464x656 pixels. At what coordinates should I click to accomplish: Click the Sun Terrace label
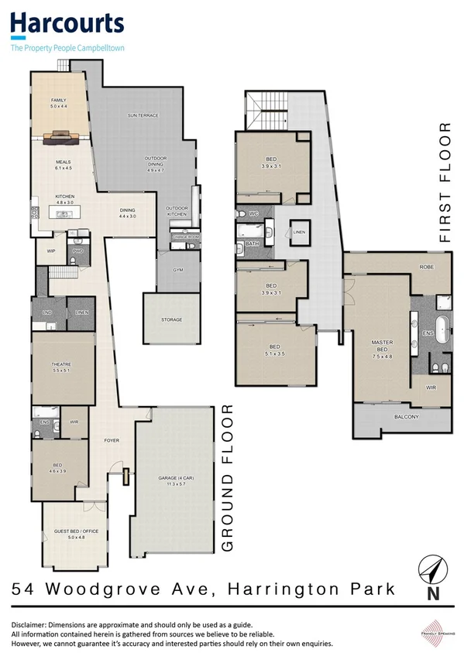(x=143, y=115)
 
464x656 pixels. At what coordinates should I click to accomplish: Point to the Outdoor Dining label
(x=156, y=161)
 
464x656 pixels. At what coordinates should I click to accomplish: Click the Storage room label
(x=171, y=319)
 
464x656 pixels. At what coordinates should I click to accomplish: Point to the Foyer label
(x=112, y=440)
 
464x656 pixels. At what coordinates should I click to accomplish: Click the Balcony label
(x=406, y=418)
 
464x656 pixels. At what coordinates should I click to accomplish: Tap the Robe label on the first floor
(x=425, y=267)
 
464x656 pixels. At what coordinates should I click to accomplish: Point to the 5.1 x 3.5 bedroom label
(x=277, y=350)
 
